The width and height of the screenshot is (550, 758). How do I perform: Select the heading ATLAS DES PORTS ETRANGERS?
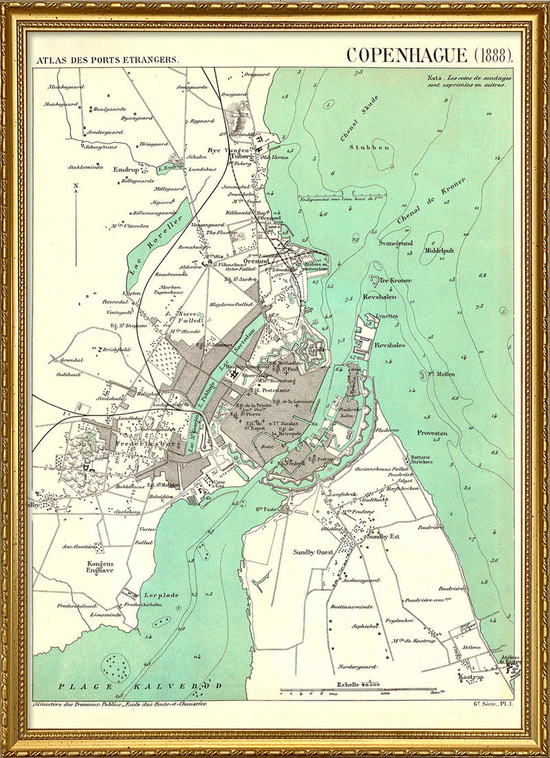coord(109,60)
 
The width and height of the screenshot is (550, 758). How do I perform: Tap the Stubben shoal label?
coord(362,147)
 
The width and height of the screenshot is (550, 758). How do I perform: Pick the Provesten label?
coord(432,433)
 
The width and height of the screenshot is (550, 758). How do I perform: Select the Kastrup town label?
coord(469,677)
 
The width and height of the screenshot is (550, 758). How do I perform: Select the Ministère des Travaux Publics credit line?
coord(120,704)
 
